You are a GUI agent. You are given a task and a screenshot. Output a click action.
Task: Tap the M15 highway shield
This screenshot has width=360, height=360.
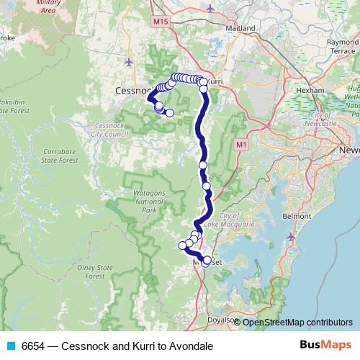160,22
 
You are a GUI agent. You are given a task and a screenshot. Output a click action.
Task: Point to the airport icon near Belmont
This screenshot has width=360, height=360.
290,237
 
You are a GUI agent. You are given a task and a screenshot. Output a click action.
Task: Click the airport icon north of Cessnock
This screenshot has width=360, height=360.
129,61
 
